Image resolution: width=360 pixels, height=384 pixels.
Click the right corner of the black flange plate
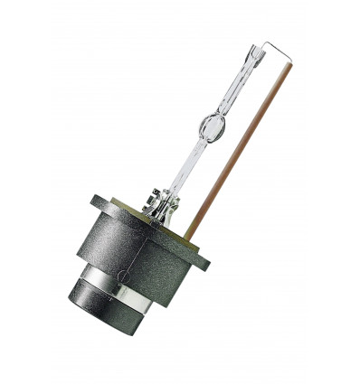(207, 265)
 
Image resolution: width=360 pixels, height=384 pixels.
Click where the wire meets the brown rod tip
(290, 64)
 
